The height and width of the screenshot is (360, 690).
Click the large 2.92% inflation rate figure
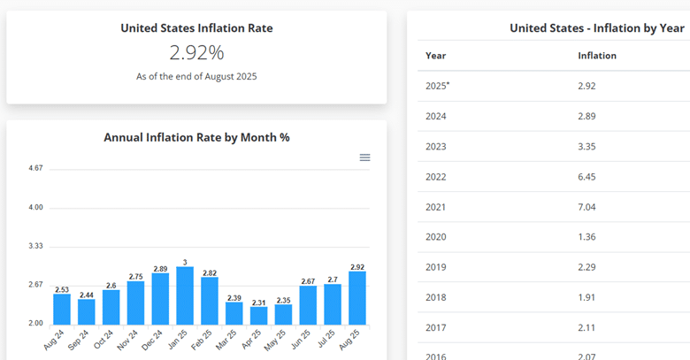click(x=196, y=53)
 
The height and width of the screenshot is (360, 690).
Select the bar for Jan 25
click(x=185, y=295)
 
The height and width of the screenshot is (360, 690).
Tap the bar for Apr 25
click(x=258, y=315)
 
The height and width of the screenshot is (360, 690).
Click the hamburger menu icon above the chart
click(x=364, y=157)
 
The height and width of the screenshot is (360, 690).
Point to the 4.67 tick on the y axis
click(x=35, y=168)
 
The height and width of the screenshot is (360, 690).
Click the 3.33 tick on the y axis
click(x=35, y=246)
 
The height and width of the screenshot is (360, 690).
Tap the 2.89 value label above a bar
click(x=160, y=268)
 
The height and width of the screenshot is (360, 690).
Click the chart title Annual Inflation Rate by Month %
click(x=196, y=137)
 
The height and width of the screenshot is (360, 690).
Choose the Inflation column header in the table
click(x=597, y=56)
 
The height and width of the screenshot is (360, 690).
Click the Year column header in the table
click(x=435, y=56)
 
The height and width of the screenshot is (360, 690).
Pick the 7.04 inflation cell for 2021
click(x=586, y=206)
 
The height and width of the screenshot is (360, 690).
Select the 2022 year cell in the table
click(x=435, y=176)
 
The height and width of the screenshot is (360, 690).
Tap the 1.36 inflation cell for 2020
click(x=586, y=236)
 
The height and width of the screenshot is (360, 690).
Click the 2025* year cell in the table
click(x=438, y=86)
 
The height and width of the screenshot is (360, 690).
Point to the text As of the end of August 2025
click(x=196, y=77)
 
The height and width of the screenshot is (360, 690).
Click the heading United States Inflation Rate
click(x=196, y=28)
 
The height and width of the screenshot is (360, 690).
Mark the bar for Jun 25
click(x=308, y=304)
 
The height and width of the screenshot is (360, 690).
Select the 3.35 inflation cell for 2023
click(x=586, y=146)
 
